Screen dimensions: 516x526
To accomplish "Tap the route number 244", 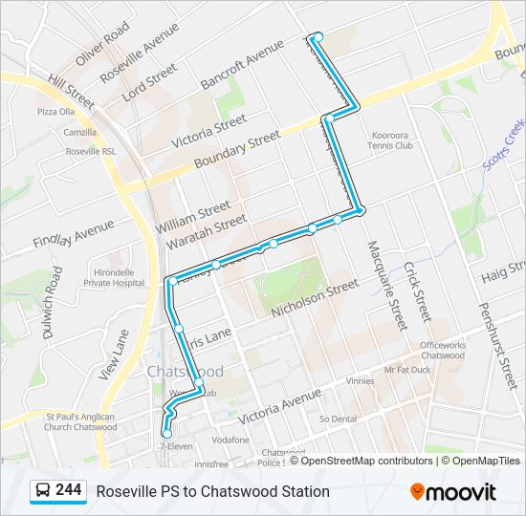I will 68,490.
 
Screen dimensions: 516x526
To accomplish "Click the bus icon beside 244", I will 43,491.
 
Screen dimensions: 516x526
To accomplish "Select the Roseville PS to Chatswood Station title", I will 212,491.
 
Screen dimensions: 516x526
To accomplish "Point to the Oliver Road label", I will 102,44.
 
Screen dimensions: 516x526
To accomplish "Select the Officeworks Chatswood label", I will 442,350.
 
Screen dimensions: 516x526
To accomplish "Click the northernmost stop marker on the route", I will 318,37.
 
